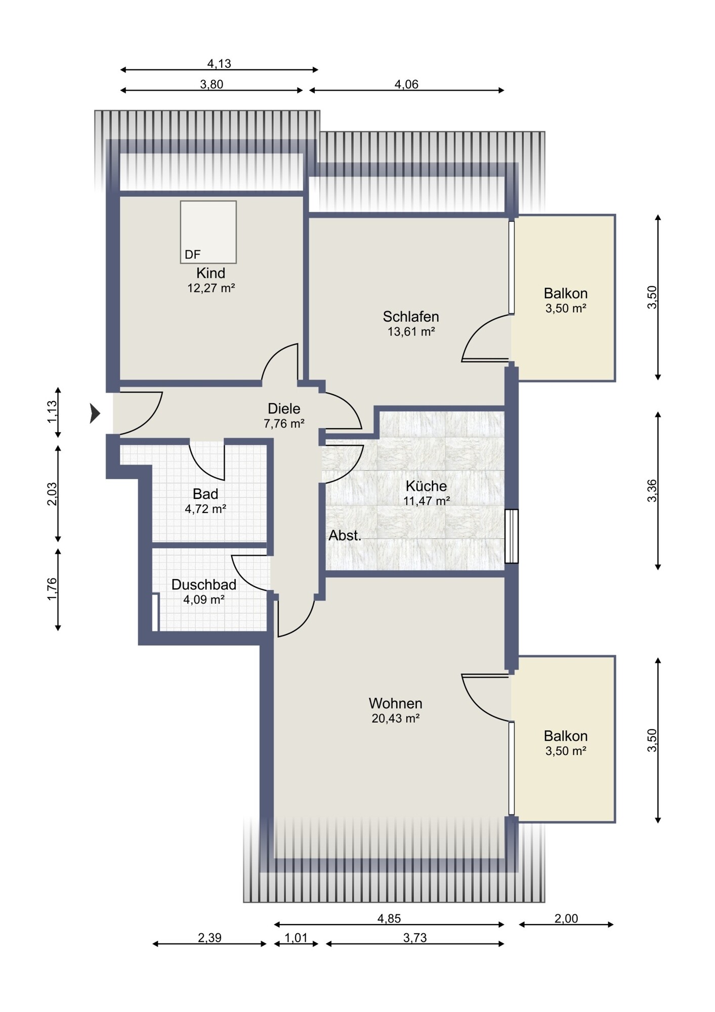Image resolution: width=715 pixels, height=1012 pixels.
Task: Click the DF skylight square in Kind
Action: click(208, 232)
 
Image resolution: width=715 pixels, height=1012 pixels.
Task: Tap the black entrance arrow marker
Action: click(95, 413)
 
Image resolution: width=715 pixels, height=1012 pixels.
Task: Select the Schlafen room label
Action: click(410, 317)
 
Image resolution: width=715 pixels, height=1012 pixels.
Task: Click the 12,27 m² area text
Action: click(211, 288)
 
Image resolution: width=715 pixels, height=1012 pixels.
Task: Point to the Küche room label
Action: click(426, 486)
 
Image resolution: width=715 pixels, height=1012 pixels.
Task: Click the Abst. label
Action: click(345, 535)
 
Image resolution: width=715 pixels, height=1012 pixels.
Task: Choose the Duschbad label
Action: click(204, 585)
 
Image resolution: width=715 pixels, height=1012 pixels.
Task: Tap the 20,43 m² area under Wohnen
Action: click(396, 719)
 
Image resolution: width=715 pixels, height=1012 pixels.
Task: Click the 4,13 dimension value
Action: click(219, 64)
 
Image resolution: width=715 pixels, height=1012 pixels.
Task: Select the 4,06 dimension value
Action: click(406, 85)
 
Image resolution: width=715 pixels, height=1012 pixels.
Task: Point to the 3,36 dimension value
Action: click(652, 490)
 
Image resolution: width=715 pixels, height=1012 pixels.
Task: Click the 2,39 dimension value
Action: click(209, 938)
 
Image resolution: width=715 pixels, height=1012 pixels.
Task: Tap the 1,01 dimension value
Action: click(296, 938)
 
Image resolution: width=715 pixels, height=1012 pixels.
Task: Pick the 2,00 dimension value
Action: click(566, 918)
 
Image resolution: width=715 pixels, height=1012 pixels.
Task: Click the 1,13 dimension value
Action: click(52, 412)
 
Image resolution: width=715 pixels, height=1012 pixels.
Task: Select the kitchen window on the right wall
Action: click(512, 536)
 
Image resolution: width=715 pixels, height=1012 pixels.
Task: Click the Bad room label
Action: click(205, 494)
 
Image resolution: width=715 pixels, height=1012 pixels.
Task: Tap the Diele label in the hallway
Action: click(284, 408)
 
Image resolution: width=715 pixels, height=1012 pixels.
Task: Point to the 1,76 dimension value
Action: click(52, 589)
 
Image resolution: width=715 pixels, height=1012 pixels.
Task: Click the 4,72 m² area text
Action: click(205, 509)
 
